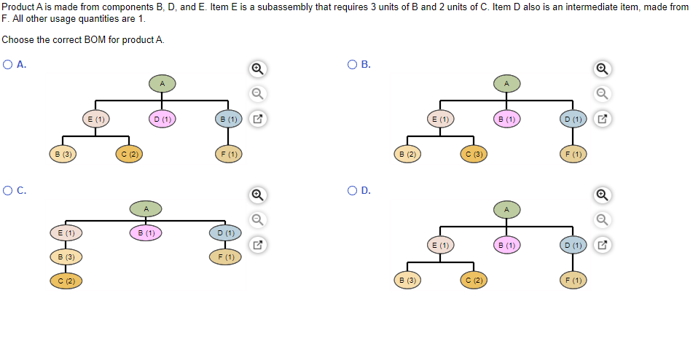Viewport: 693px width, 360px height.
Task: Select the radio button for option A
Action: [7, 64]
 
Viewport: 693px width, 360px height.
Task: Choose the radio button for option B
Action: [352, 64]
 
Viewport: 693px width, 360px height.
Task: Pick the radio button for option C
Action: [7, 190]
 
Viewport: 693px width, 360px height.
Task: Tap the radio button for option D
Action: [352, 190]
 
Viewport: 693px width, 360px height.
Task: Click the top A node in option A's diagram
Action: [163, 84]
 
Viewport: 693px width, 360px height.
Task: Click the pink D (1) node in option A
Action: [163, 119]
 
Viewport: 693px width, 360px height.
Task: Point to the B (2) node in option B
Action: [407, 154]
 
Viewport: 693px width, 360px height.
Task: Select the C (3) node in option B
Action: [474, 154]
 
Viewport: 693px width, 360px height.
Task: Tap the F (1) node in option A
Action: [229, 154]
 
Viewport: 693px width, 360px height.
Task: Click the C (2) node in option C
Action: [66, 281]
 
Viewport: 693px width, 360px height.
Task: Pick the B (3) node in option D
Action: [407, 280]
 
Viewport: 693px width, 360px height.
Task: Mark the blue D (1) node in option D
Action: [573, 245]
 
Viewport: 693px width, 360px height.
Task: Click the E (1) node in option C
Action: [66, 232]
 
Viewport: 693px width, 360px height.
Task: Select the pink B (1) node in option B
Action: [506, 119]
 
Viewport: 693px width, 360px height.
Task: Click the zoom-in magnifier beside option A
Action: [258, 69]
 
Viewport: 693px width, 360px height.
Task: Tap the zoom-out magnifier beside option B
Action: [602, 94]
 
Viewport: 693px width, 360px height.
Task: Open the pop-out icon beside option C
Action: [258, 245]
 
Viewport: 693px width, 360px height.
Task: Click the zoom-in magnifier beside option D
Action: [602, 195]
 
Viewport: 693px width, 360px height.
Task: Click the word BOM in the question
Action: [95, 40]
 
